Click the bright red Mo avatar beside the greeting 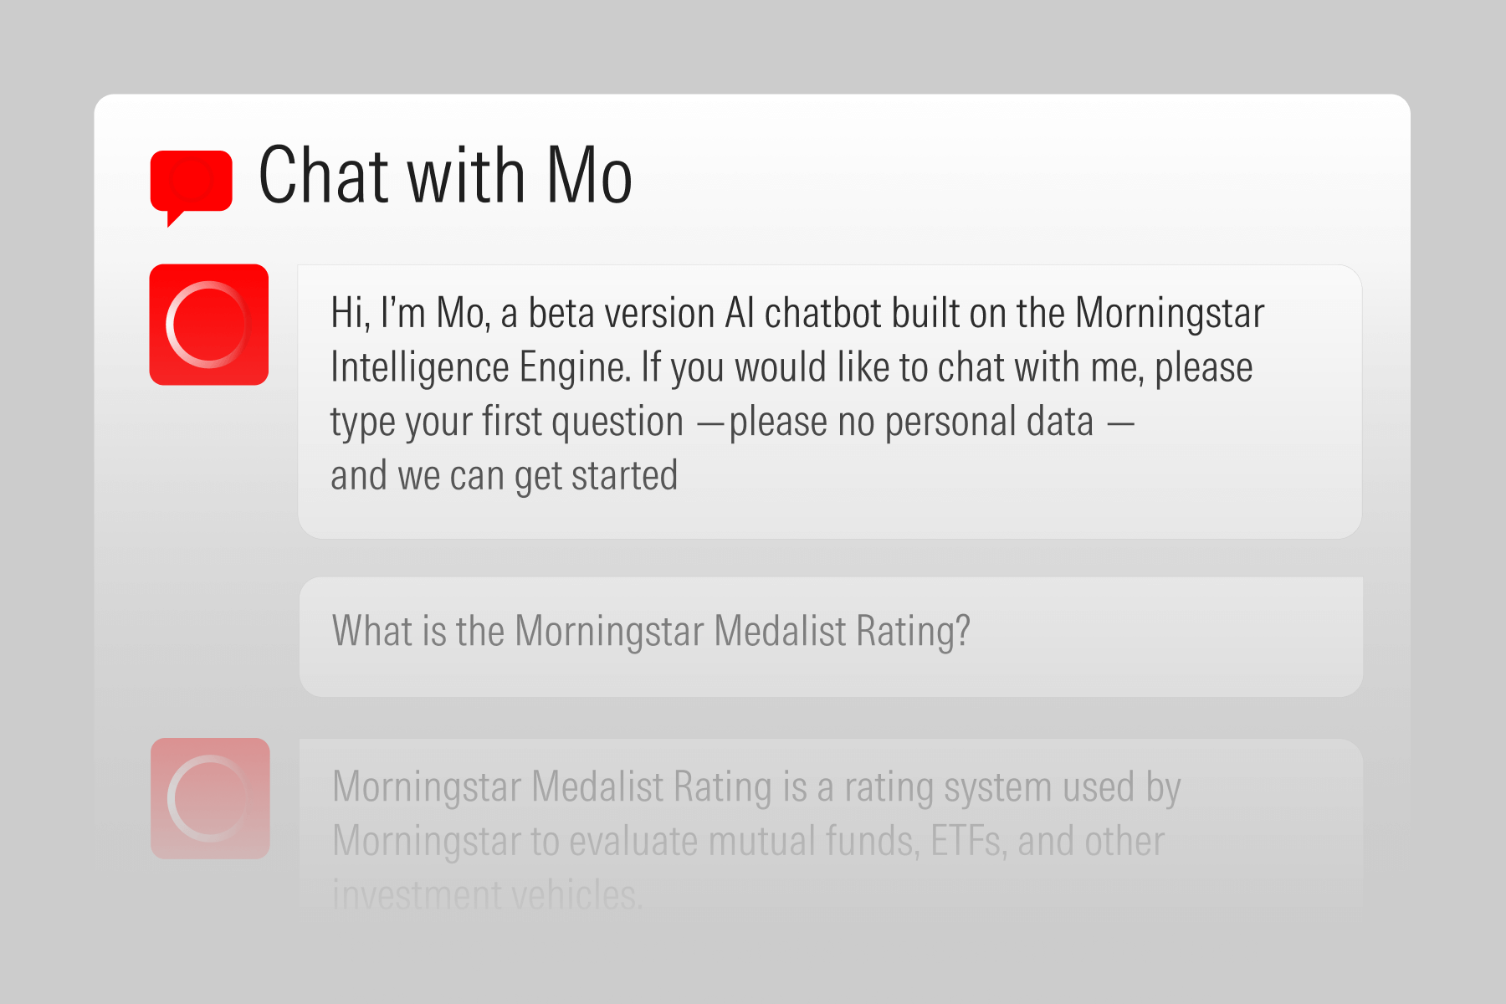[209, 325]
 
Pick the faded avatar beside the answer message [210, 798]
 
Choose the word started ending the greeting [625, 476]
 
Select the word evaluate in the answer [633, 841]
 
